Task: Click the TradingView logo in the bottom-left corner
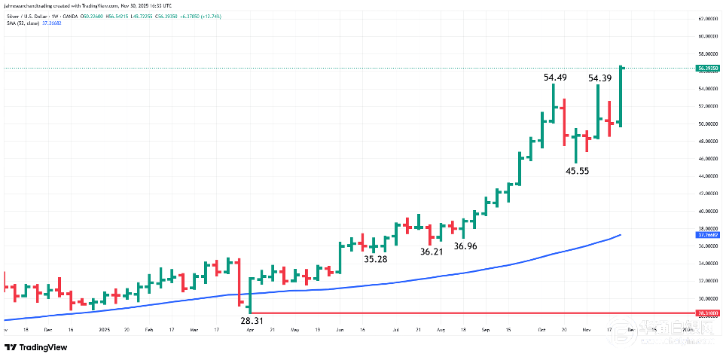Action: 35,347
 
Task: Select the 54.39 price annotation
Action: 600,78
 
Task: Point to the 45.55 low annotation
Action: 577,171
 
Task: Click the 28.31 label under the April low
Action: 252,320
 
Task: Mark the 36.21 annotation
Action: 432,252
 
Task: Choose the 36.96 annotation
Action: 465,246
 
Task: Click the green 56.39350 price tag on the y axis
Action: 707,69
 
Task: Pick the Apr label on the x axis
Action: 249,330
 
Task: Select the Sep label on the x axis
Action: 486,330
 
